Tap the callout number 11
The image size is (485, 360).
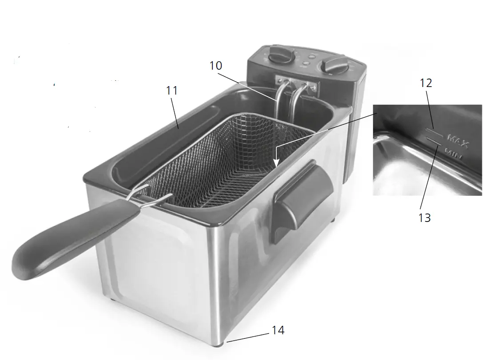tap(171, 91)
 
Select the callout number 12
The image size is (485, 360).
tap(426, 83)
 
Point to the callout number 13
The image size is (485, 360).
tap(425, 218)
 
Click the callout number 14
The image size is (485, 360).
tap(278, 330)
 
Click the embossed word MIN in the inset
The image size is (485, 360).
tap(453, 154)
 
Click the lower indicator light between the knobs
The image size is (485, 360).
tap(306, 64)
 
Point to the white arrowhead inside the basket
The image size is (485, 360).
tap(276, 162)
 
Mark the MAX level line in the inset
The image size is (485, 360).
tap(434, 132)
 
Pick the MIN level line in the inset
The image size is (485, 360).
tap(433, 141)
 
